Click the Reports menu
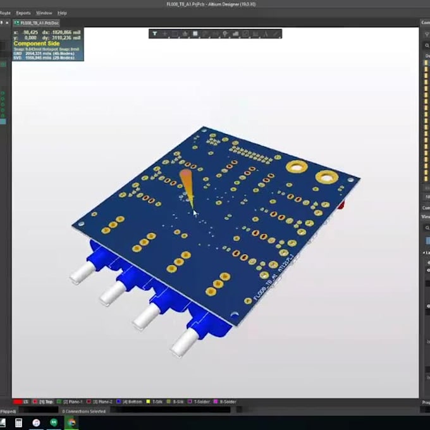click(23, 13)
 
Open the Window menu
click(44, 13)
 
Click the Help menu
click(62, 13)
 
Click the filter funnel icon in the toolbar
click(154, 34)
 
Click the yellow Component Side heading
click(37, 44)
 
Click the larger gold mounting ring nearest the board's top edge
click(295, 167)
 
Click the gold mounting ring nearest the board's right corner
click(326, 178)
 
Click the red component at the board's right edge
click(342, 206)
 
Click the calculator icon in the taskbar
click(18, 422)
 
